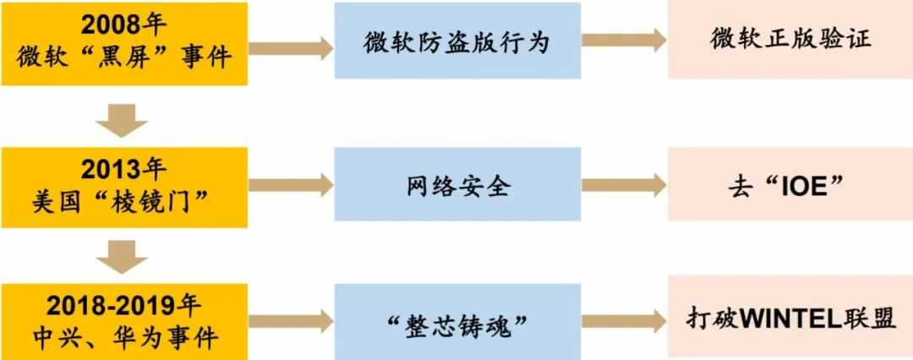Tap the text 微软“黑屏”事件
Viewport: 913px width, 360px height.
[123, 57]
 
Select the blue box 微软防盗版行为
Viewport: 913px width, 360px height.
[457, 41]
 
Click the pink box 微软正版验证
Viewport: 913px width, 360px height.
[790, 41]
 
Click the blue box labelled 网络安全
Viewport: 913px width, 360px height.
[457, 185]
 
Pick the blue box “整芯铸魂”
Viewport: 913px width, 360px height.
[457, 322]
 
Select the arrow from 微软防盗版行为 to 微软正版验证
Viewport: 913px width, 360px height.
[624, 41]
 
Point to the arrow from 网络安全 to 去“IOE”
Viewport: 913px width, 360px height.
[624, 185]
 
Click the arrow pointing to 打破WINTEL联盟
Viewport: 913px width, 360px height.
[624, 321]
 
